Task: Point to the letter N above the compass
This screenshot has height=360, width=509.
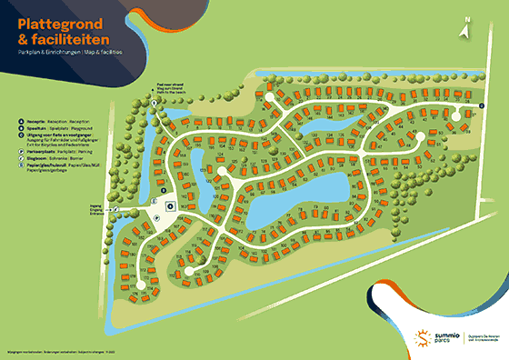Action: tap(465, 17)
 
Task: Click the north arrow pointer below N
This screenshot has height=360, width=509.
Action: tap(465, 30)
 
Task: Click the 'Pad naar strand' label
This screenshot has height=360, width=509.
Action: tap(175, 83)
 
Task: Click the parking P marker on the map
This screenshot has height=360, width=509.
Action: tap(155, 219)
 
